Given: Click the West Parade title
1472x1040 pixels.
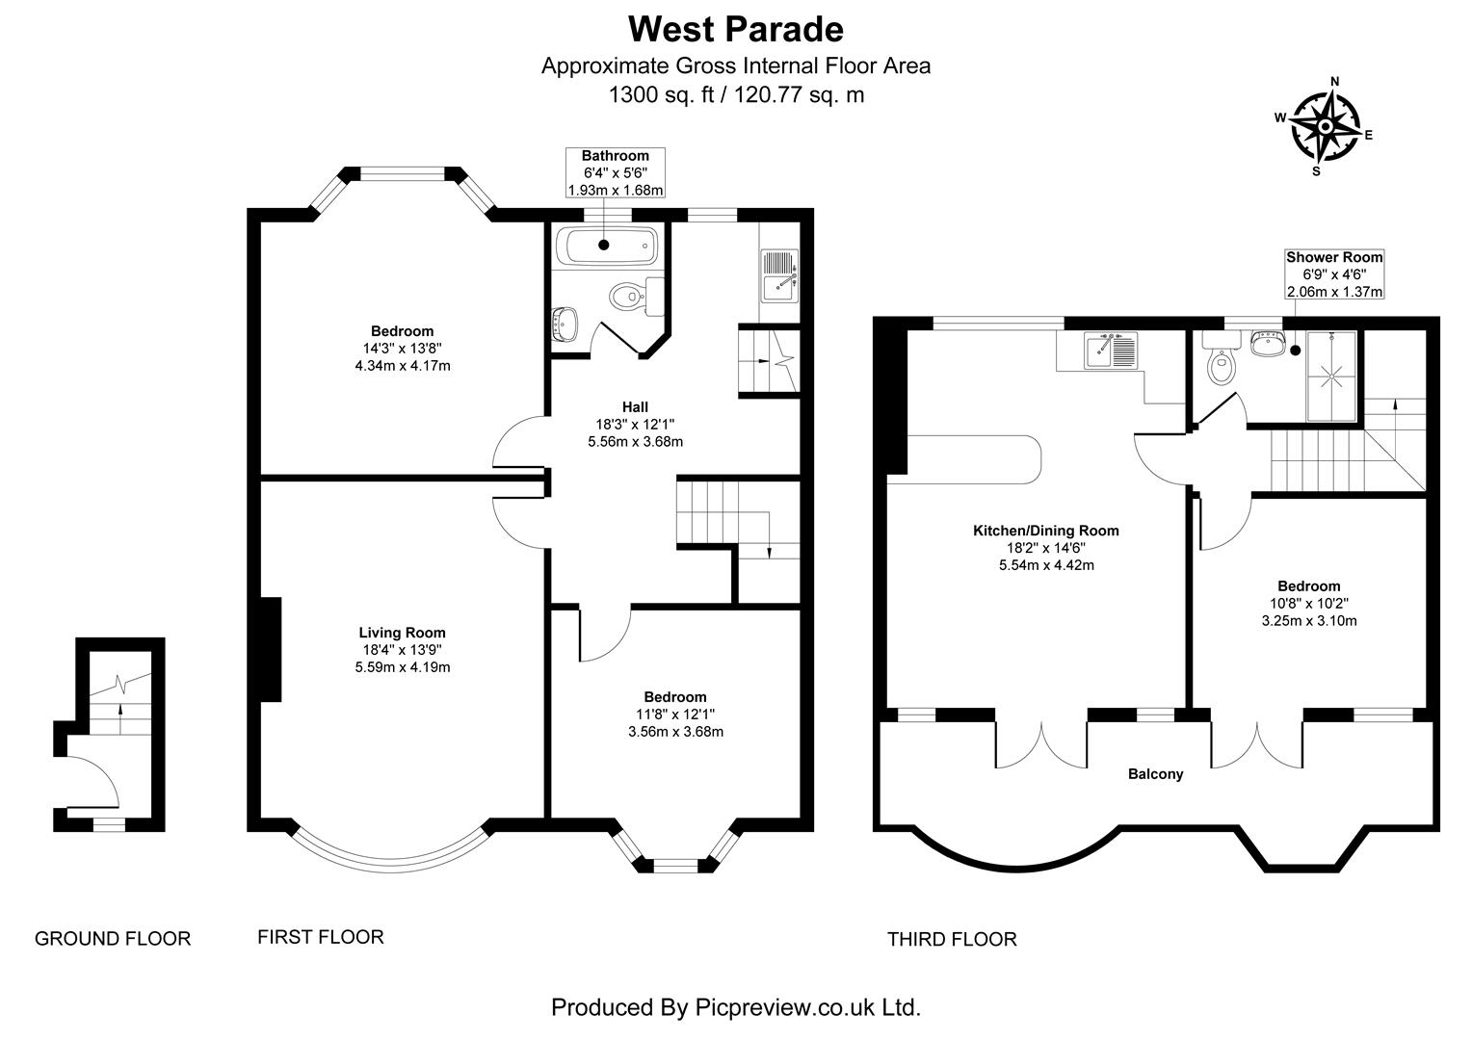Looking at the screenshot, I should tap(735, 29).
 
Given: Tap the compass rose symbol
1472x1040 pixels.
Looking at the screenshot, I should tap(1325, 126).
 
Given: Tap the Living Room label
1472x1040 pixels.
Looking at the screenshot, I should tap(402, 633).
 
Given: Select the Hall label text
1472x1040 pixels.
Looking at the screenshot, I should tap(635, 406).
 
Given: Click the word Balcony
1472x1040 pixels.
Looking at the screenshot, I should tap(1155, 774).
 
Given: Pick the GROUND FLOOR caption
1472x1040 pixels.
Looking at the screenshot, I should tap(113, 939).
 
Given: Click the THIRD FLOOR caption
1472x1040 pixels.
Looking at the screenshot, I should tap(951, 939).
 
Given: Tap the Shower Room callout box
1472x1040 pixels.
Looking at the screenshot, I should tap(1334, 273).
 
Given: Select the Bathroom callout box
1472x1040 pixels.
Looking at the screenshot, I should tap(616, 172).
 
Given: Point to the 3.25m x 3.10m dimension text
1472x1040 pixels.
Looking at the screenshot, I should tap(1308, 620).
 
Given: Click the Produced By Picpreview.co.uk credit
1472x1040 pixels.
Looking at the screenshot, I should tap(735, 1007).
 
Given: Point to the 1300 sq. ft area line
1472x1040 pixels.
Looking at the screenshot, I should tap(735, 94).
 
